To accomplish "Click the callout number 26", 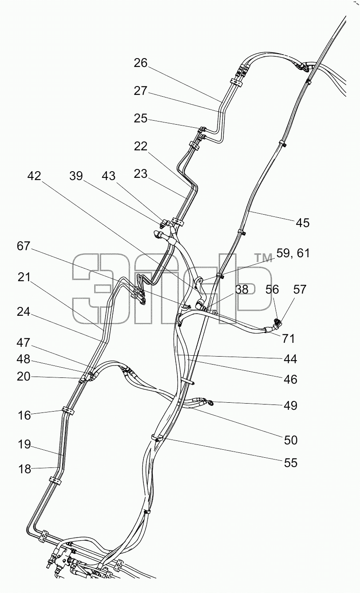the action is click(x=140, y=63).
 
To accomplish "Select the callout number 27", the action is click(x=140, y=91).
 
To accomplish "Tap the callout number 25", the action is click(x=140, y=118).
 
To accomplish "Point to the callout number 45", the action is click(x=303, y=223).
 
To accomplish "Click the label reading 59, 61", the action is click(x=293, y=253).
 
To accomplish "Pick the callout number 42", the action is click(x=34, y=176).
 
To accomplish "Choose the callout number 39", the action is click(x=76, y=176).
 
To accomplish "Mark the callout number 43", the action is click(x=109, y=176).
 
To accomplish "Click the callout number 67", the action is click(x=24, y=246).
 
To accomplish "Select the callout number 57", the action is click(x=300, y=289).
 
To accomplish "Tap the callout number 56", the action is click(x=272, y=289).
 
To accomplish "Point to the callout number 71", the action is click(x=289, y=338).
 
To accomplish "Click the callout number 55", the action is click(x=291, y=463).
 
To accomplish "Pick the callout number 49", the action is click(x=291, y=405).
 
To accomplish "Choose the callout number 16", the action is click(x=24, y=416).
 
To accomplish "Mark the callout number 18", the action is click(x=24, y=469).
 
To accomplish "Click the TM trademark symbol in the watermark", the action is click(x=263, y=258).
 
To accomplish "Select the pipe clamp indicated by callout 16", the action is click(x=68, y=410).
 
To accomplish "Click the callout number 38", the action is click(x=241, y=289).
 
